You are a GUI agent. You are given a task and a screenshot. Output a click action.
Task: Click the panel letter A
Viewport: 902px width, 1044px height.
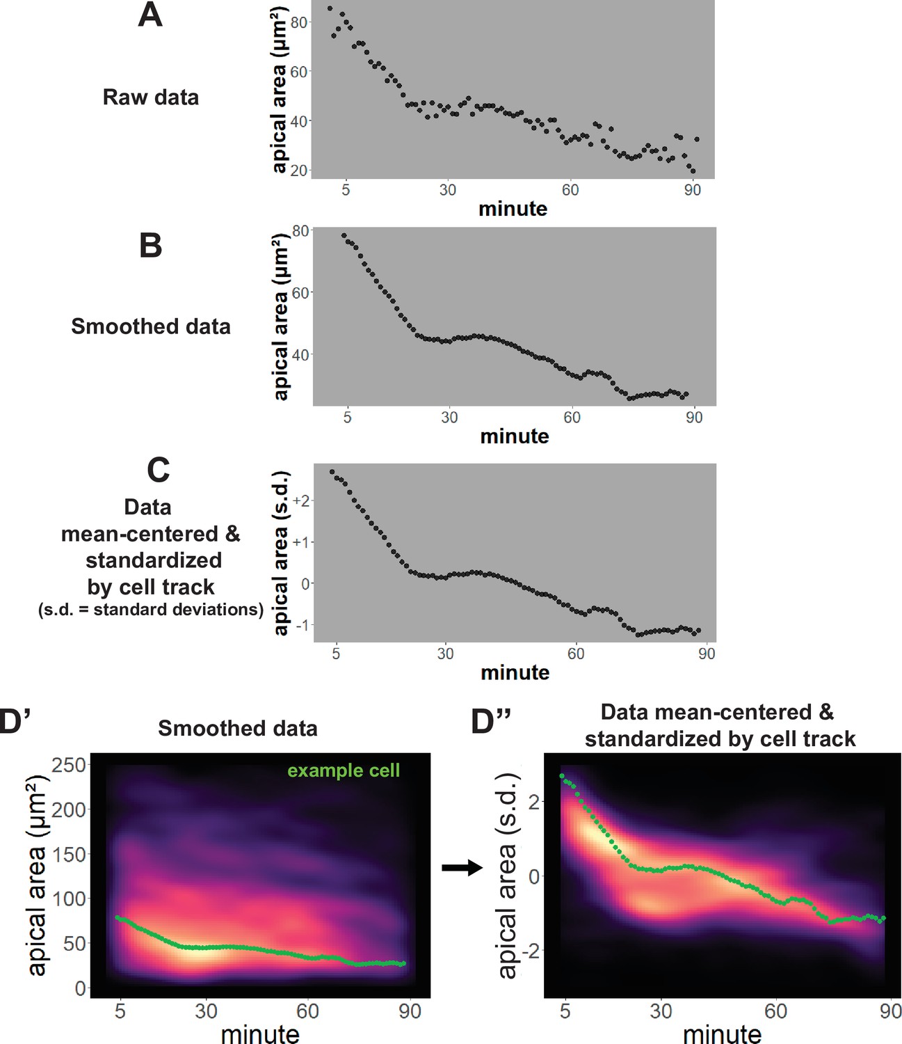(150, 15)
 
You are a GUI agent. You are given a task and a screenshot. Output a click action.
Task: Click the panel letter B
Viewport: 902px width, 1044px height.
(151, 246)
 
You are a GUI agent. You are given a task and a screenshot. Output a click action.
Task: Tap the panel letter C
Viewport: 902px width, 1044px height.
(158, 470)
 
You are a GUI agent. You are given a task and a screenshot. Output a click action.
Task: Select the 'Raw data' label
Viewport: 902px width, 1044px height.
(151, 97)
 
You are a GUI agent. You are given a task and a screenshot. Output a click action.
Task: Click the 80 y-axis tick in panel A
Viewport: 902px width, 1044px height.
(299, 22)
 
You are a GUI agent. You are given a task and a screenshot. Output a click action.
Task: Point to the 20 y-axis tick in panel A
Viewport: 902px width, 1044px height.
(299, 171)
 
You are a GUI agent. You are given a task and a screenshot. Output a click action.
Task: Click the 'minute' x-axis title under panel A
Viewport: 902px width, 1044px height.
(513, 209)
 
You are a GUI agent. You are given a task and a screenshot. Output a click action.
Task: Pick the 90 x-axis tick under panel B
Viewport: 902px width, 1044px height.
(694, 418)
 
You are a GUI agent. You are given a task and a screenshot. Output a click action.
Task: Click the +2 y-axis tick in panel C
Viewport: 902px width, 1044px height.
(301, 501)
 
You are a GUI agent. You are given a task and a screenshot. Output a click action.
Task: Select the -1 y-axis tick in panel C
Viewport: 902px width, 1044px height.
(302, 625)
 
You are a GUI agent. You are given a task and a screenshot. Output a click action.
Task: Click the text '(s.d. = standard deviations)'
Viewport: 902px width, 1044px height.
(151, 610)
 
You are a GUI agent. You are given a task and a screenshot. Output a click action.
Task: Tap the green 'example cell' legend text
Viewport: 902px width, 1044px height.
(344, 770)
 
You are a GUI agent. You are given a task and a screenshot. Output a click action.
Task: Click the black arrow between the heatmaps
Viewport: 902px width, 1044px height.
(462, 867)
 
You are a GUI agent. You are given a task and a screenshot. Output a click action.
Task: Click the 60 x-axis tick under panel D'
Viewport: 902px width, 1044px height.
(307, 1011)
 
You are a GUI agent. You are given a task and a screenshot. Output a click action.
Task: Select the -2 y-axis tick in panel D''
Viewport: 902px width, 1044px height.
(531, 951)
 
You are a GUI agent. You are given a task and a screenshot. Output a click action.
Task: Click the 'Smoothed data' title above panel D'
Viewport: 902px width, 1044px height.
(238, 729)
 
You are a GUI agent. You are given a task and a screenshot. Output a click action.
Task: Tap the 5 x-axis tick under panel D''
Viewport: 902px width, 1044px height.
(565, 1011)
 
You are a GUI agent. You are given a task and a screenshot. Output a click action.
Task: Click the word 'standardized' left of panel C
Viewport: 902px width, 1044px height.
(154, 560)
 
